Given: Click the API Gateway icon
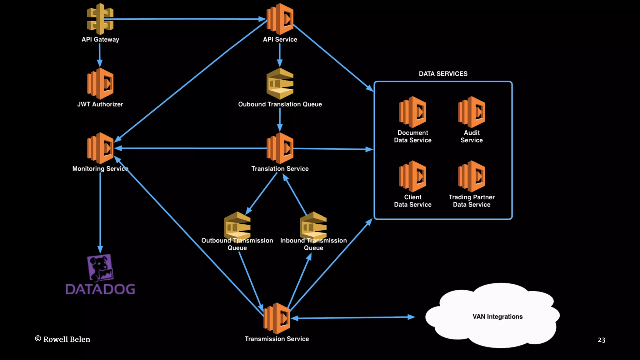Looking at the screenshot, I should [x=100, y=19].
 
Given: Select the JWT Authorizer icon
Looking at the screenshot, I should [x=100, y=84].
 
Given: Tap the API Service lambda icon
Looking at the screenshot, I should [x=280, y=19].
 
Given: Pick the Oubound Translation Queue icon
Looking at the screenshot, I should [x=280, y=84].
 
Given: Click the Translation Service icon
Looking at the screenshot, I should [x=280, y=148].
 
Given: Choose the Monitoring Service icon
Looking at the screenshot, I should [x=100, y=148].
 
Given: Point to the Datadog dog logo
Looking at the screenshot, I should [x=100, y=267].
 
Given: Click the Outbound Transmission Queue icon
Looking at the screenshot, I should [x=237, y=226].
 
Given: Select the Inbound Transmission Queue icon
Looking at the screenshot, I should [x=313, y=226].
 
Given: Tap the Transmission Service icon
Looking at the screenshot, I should [x=277, y=318].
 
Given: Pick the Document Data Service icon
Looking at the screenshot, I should [x=412, y=112].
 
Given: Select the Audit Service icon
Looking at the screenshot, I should [x=472, y=112].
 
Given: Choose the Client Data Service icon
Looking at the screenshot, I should [x=412, y=176].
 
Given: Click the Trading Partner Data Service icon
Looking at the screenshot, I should [x=472, y=176].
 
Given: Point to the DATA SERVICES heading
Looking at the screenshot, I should [x=443, y=74].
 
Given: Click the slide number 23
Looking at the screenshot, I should [x=601, y=340].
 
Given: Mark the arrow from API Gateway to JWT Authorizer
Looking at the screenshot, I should [x=100, y=55].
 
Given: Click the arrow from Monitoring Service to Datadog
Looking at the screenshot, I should [x=100, y=212].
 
